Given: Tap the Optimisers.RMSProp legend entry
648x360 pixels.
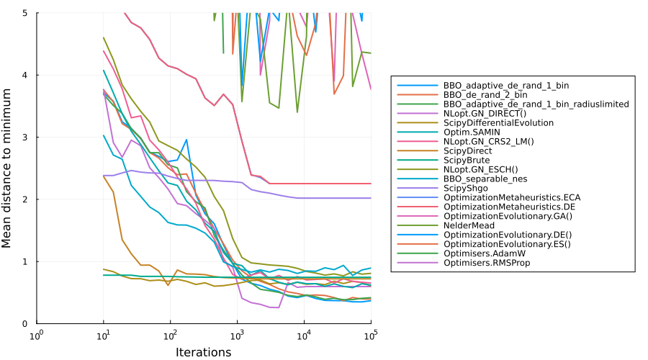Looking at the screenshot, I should [491, 262].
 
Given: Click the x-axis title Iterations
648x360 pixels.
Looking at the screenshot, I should [204, 352].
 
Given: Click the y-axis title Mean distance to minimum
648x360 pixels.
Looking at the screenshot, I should [7, 168].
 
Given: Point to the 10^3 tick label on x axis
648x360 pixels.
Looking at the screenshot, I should [237, 335].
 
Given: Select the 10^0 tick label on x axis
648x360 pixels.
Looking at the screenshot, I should [37, 335].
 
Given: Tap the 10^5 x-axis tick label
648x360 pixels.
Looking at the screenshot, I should [371, 335].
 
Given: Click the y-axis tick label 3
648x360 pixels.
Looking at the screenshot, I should [27, 137].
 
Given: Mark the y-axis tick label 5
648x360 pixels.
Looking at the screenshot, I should [27, 13].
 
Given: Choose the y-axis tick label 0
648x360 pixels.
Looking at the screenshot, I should [27, 323].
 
